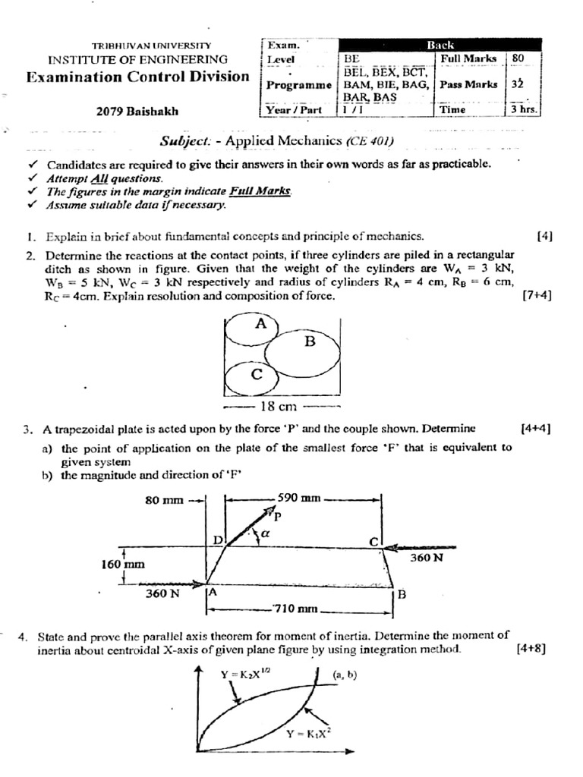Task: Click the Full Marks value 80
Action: click(519, 58)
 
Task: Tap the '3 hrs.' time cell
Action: click(524, 109)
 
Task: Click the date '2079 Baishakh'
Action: click(137, 112)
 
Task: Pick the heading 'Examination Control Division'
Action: click(137, 77)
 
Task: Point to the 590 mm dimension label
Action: click(301, 499)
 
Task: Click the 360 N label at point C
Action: click(426, 558)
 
